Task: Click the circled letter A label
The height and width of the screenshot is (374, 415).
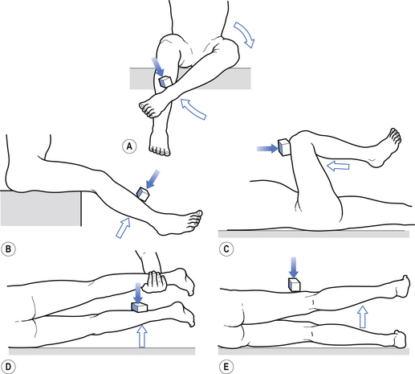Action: [129, 146]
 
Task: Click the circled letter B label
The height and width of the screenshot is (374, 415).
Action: [8, 249]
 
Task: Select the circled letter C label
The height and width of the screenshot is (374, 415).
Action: [226, 249]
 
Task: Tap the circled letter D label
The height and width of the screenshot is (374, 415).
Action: [8, 367]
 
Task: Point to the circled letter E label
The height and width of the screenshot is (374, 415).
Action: [226, 367]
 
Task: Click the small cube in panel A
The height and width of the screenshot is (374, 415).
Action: [165, 81]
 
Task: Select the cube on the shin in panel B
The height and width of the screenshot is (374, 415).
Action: [143, 194]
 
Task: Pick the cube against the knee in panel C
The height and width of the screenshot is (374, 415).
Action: [284, 147]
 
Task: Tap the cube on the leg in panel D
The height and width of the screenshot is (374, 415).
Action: [139, 307]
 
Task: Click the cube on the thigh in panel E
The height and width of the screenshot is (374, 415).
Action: [294, 285]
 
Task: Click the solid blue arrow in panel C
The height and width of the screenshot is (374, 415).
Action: [267, 148]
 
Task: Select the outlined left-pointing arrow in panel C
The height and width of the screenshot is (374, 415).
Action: [338, 166]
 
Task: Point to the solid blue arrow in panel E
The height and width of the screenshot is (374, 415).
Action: [294, 267]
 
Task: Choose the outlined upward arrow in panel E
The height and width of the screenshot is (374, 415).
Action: [363, 316]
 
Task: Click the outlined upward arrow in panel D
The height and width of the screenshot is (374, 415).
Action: [142, 336]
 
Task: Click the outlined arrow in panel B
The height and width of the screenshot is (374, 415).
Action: [124, 228]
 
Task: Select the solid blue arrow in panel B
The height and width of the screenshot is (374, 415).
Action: [153, 179]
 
